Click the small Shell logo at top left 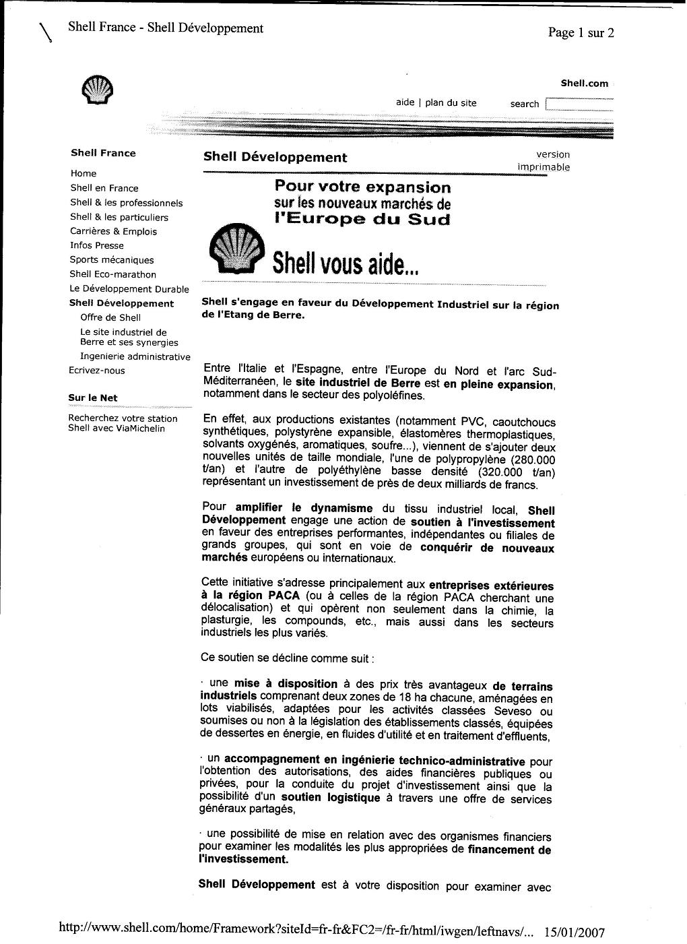[x=97, y=90]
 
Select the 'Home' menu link [x=84, y=174]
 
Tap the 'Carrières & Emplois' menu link [x=113, y=232]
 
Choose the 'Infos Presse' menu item [x=96, y=246]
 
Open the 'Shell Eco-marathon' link [x=112, y=274]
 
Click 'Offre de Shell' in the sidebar [x=110, y=318]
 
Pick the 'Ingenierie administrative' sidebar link [x=135, y=357]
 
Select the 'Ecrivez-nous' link [x=97, y=371]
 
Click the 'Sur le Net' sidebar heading [x=93, y=398]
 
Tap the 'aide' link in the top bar [x=405, y=103]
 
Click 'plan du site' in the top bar [x=451, y=103]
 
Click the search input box [x=579, y=104]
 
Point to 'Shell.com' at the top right [x=584, y=84]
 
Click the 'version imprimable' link [x=544, y=161]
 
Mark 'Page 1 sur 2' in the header [x=581, y=33]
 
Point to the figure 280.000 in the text [x=533, y=459]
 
